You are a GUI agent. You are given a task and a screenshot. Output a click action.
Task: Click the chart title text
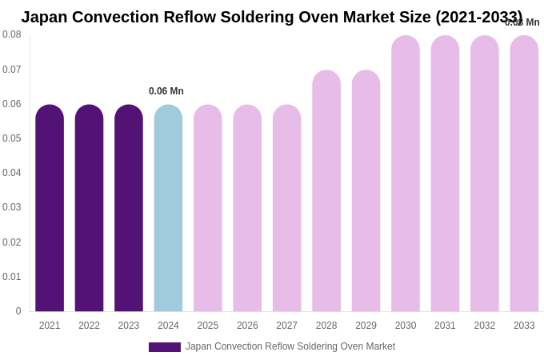point(271,17)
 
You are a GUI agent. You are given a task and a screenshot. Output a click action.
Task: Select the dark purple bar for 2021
point(50,208)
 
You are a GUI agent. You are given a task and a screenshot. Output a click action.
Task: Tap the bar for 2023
point(129,208)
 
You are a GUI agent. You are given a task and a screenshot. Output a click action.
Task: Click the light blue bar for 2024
point(168,208)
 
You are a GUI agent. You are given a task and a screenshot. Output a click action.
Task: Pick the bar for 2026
point(247,208)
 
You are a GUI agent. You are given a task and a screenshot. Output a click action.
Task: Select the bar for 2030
point(406,173)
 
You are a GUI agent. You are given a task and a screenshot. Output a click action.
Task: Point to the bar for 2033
point(524,173)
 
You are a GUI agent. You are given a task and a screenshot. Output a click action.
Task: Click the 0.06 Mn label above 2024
point(166,91)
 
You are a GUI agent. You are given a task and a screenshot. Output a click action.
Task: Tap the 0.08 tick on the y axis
point(12,34)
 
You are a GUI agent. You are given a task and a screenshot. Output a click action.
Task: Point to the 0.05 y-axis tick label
point(12,138)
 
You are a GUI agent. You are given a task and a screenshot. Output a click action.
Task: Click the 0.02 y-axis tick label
point(12,242)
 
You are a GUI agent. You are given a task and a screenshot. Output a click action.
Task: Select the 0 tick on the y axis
point(18,311)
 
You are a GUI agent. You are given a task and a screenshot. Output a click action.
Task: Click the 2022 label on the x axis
point(89,326)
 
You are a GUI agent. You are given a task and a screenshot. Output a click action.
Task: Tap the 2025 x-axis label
point(208,326)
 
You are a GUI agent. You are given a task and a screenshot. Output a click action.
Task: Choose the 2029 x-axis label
point(366,326)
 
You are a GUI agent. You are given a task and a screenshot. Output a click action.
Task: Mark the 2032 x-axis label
point(485,326)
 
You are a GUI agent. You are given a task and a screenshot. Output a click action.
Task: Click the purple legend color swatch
point(165,347)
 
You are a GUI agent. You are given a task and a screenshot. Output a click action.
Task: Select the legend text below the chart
point(290,346)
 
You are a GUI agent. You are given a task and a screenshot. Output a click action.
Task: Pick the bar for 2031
point(445,173)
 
